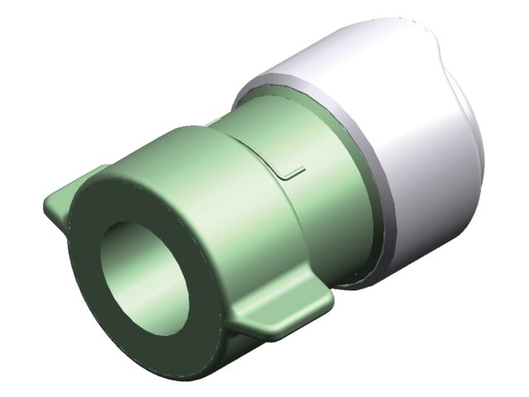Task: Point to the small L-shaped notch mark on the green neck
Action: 291,172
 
